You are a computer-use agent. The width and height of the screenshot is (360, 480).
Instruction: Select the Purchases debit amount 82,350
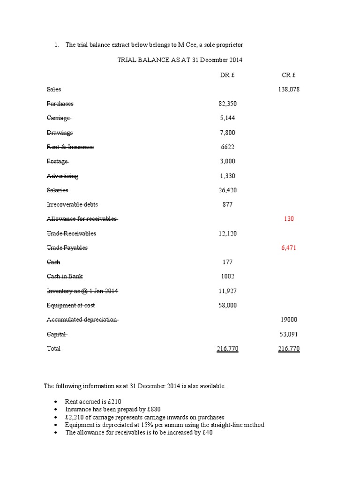(x=227, y=104)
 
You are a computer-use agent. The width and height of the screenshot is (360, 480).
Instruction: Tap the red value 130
(x=289, y=219)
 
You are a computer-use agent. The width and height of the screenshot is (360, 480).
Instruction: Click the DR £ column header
(x=227, y=75)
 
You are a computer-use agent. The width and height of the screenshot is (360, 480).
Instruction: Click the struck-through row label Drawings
(x=60, y=133)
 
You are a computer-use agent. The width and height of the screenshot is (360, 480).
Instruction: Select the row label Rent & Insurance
(x=70, y=147)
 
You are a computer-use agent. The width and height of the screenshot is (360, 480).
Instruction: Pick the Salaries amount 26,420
(x=227, y=190)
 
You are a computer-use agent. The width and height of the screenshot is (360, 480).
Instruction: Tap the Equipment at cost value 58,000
(x=227, y=305)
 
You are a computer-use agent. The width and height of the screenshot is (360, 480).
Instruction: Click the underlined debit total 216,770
(x=227, y=349)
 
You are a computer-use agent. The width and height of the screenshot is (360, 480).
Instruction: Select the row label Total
(x=54, y=349)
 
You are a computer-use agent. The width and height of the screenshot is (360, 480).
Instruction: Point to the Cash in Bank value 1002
(x=227, y=277)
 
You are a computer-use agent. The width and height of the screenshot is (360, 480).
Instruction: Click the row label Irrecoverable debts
(x=72, y=204)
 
